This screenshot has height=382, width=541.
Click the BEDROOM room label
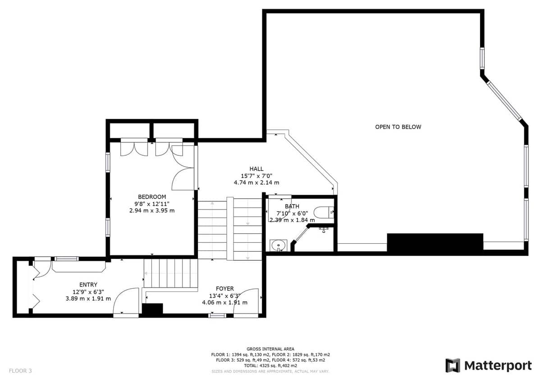(152, 197)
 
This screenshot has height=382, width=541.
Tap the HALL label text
(256, 168)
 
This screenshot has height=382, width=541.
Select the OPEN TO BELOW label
(398, 127)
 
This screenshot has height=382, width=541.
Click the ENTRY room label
(88, 285)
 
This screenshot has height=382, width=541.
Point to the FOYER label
(225, 289)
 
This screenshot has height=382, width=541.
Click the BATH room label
(292, 206)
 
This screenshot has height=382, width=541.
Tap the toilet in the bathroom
(324, 212)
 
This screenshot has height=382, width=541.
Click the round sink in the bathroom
(278, 246)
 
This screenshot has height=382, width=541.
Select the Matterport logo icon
(453, 366)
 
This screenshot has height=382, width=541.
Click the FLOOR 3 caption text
(20, 371)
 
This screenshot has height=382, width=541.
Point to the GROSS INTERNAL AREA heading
(270, 349)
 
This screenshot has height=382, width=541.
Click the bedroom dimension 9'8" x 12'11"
(152, 204)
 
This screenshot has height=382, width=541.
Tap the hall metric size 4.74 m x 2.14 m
(256, 182)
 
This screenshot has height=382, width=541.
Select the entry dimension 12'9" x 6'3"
(88, 292)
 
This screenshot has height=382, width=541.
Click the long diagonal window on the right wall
(504, 101)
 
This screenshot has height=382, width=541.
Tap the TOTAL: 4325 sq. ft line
(270, 366)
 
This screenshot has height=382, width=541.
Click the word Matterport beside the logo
(498, 366)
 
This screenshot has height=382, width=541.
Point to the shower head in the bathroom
(323, 230)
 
